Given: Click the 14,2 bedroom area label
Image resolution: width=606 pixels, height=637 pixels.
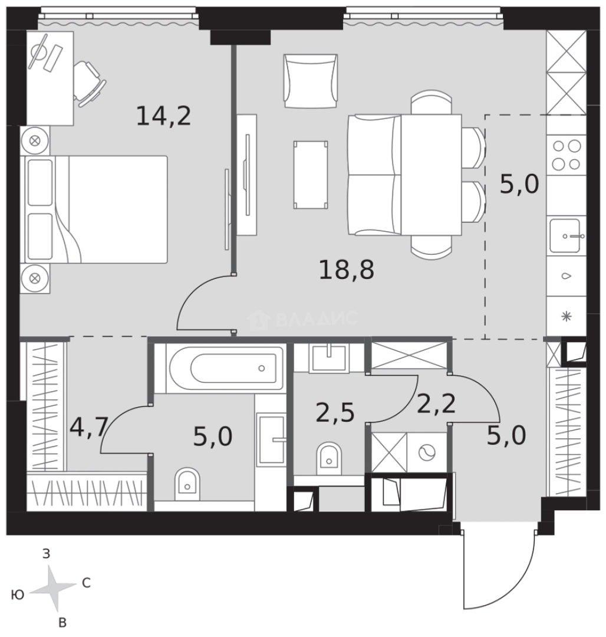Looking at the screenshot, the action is click(163, 116).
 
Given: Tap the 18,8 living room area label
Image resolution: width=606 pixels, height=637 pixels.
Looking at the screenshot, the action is click(346, 270).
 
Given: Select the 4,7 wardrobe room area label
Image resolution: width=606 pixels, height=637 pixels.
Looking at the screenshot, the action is click(89, 427).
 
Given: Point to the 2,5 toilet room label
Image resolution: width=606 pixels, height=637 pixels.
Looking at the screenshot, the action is click(335, 413).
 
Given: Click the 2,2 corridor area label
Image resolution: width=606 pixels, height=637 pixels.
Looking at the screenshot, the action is click(436, 404).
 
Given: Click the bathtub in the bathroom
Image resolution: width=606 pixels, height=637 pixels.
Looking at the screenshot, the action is click(226, 368).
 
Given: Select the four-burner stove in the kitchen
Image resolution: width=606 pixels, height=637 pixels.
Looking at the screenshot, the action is click(567, 155).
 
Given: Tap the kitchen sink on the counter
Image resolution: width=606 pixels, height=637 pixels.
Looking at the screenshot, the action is click(567, 235).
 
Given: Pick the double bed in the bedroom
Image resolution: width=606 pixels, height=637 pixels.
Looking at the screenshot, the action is click(96, 209).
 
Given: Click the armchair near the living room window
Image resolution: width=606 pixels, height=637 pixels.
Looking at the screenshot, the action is click(311, 81).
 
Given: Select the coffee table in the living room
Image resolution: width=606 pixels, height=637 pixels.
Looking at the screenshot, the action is click(311, 175).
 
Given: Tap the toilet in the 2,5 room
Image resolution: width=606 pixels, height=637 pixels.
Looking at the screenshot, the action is click(329, 458).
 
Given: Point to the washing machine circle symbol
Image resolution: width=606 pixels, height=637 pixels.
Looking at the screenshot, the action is click(427, 452).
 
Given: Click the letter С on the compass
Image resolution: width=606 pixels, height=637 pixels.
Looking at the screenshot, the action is click(86, 583).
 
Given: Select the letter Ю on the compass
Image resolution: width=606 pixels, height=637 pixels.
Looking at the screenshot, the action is click(18, 595).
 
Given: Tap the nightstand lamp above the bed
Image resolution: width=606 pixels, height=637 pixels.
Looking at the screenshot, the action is click(35, 140).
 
